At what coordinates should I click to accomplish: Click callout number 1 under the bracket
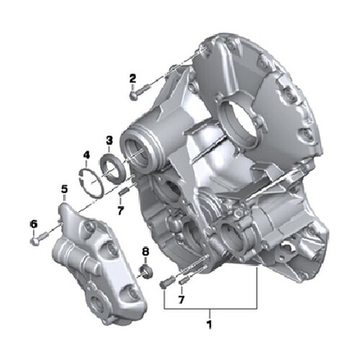(x=210, y=315)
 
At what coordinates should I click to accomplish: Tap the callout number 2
(x=132, y=78)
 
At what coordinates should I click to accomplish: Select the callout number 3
(x=109, y=140)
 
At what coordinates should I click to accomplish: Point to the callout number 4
(x=86, y=155)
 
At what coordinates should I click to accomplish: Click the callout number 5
(x=64, y=190)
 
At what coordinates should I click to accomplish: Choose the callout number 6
(x=33, y=225)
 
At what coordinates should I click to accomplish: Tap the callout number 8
(x=145, y=252)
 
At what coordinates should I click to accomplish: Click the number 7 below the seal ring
(x=121, y=210)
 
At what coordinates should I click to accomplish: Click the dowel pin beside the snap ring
(x=122, y=191)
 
